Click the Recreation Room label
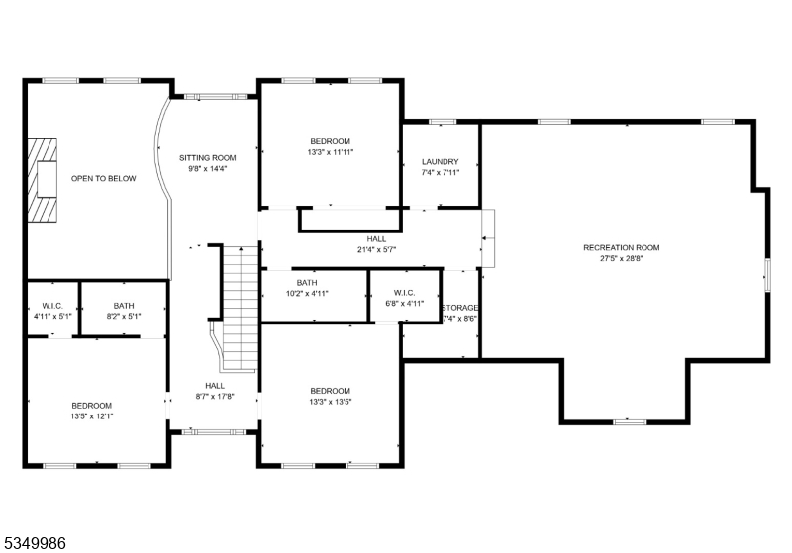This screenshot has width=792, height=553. coord(622,247)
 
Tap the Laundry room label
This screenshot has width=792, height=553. coord(440,162)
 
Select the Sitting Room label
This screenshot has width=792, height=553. coord(208,158)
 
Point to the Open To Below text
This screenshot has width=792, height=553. coord(104,179)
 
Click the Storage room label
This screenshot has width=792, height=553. coord(459,308)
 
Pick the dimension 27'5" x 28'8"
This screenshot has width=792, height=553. coord(622,259)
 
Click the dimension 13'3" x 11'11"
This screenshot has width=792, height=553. coord(331,152)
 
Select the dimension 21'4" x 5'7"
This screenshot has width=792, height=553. coord(377,249)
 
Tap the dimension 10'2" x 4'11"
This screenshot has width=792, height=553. coord(307,293)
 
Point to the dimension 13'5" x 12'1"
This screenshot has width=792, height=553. coord(92,416)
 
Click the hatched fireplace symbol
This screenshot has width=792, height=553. coord(42,180)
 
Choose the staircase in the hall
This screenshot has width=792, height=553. coord(241,309)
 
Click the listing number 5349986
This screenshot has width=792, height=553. coord(35,543)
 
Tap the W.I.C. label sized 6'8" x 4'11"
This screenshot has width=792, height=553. coord(404,293)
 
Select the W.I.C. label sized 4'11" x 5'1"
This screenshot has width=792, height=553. coord(52,306)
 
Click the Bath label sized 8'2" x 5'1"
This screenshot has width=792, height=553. coord(124,306)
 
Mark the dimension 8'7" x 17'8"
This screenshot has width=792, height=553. coord(215,397)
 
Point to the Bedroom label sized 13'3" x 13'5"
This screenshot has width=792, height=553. coord(331,391)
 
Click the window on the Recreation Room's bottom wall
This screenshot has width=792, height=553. coord(630,421)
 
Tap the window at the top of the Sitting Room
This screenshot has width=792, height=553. coord(216,96)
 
